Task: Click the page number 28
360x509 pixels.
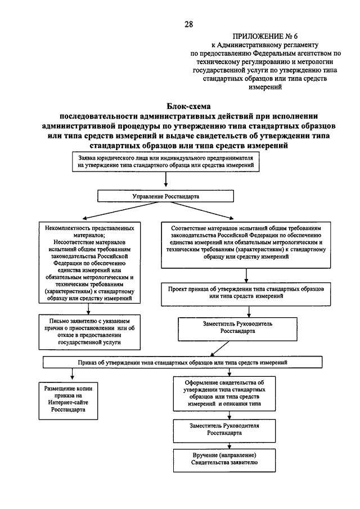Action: pyautogui.click(x=188, y=24)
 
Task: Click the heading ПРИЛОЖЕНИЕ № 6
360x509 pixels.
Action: pyautogui.click(x=265, y=36)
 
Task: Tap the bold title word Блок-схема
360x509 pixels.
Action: pyautogui.click(x=188, y=106)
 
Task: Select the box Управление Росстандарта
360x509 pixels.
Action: pyautogui.click(x=165, y=196)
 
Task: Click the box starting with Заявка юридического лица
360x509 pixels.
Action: pyautogui.click(x=165, y=161)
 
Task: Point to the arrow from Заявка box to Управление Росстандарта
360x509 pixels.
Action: pyautogui.click(x=166, y=179)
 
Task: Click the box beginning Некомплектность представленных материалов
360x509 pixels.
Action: pyautogui.click(x=89, y=263)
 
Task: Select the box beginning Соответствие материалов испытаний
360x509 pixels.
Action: pyautogui.click(x=246, y=245)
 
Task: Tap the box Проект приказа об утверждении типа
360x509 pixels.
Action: pyautogui.click(x=246, y=294)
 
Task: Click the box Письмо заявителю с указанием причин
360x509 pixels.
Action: pyautogui.click(x=89, y=332)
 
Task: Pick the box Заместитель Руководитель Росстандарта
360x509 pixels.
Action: pyautogui.click(x=237, y=329)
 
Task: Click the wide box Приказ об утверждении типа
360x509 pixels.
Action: pyautogui.click(x=182, y=362)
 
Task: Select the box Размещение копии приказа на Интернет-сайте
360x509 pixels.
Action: pyautogui.click(x=68, y=401)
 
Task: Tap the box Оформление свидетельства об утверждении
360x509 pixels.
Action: pyautogui.click(x=224, y=394)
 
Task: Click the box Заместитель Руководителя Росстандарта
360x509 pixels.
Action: pyautogui.click(x=224, y=431)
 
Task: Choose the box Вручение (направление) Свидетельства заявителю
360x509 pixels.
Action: pyautogui.click(x=224, y=460)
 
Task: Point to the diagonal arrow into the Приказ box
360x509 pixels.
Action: pyautogui.click(x=220, y=349)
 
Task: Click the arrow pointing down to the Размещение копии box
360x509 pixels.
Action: pyautogui.click(x=72, y=373)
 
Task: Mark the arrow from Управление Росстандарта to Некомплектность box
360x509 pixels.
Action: pyautogui.click(x=121, y=211)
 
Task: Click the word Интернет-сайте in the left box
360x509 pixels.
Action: pyautogui.click(x=68, y=403)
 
